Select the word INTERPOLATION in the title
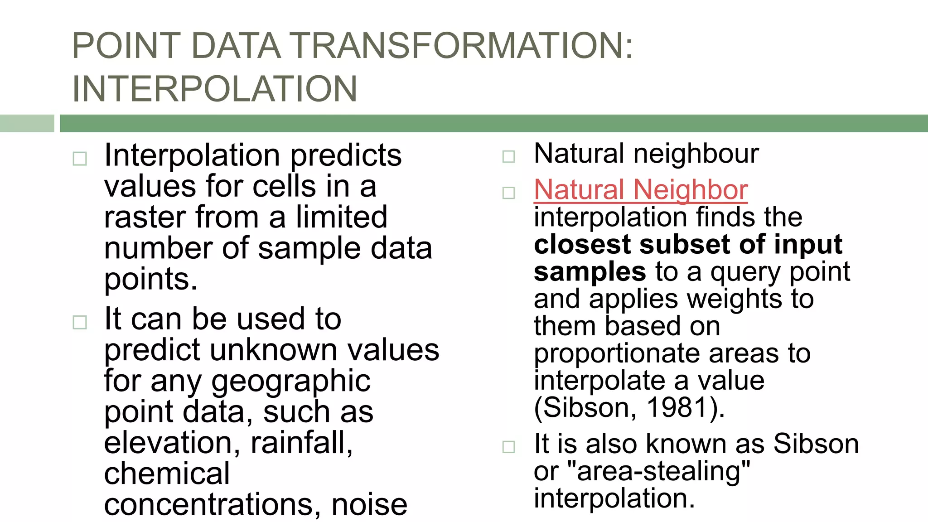[215, 89]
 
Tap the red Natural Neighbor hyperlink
[641, 189]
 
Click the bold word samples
[590, 272]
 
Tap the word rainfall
[301, 443]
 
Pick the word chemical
[167, 474]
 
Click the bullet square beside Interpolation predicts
[80, 159]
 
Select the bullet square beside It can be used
[80, 323]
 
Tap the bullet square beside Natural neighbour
[509, 157]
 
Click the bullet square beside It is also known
[509, 447]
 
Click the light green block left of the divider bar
[27, 123]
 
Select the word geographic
[291, 381]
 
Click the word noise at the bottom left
[369, 505]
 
